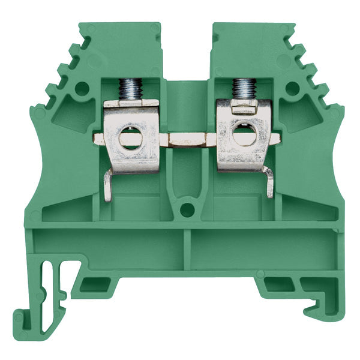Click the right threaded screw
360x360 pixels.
(x=242, y=89)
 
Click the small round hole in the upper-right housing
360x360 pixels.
(x=292, y=89)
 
